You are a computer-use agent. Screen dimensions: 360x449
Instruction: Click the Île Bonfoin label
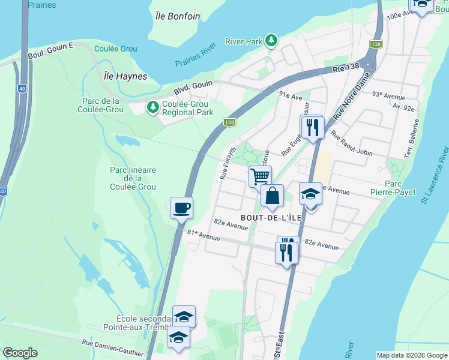pyautogui.click(x=176, y=16)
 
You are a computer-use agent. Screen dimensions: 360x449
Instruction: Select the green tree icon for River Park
pyautogui.click(x=272, y=40)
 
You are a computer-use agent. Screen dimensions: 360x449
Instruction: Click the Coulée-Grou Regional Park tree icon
pyautogui.click(x=153, y=107)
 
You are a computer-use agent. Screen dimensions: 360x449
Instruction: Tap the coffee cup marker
pyautogui.click(x=181, y=208)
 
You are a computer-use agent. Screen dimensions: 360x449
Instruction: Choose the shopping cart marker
pyautogui.click(x=260, y=177)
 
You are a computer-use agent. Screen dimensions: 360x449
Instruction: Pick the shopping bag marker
pyautogui.click(x=273, y=196)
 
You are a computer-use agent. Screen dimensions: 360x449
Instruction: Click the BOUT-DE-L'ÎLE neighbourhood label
pyautogui.click(x=268, y=217)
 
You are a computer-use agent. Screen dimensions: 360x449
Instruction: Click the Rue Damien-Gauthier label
pyautogui.click(x=109, y=347)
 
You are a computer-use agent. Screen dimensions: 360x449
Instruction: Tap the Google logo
pyautogui.click(x=20, y=353)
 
